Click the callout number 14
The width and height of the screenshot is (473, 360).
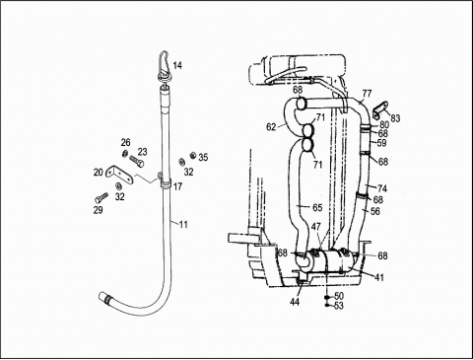pos(177,65)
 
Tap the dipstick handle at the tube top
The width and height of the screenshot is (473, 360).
pos(165,65)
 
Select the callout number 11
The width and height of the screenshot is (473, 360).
pos(183,225)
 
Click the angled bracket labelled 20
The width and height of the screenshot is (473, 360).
pos(119,174)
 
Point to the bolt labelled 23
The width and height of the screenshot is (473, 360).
pos(137,160)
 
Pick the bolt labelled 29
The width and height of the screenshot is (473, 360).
pos(101,197)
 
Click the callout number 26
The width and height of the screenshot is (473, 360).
pos(125,143)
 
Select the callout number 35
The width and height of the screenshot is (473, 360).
pos(203,158)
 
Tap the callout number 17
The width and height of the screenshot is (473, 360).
pos(177,187)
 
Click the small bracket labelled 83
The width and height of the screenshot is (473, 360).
pos(380,109)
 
